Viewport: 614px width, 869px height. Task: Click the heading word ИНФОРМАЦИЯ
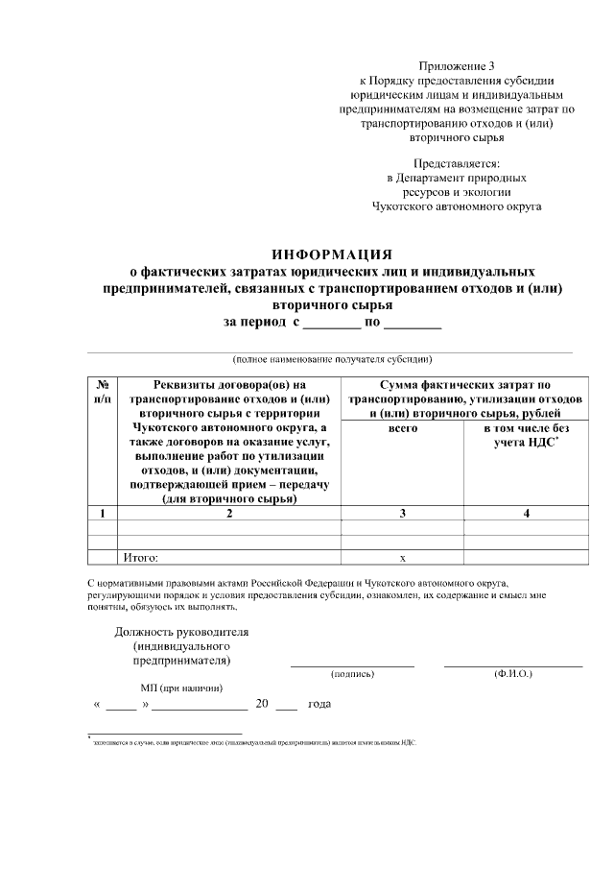[332, 254]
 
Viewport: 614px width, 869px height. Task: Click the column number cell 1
[102, 513]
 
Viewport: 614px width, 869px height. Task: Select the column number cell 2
[228, 513]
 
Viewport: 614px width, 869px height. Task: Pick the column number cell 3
[402, 513]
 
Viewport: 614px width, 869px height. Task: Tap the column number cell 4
[526, 513]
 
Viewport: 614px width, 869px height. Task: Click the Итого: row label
[139, 556]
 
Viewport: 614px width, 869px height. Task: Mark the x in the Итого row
[402, 557]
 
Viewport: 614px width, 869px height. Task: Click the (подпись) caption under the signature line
[352, 674]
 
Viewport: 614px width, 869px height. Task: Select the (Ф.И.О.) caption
[513, 674]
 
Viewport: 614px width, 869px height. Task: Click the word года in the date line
[319, 705]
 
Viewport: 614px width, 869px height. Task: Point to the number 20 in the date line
[262, 704]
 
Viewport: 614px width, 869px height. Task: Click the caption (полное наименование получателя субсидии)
[331, 360]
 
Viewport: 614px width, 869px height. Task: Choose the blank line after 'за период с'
[333, 325]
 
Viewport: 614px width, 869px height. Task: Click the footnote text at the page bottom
[254, 742]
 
